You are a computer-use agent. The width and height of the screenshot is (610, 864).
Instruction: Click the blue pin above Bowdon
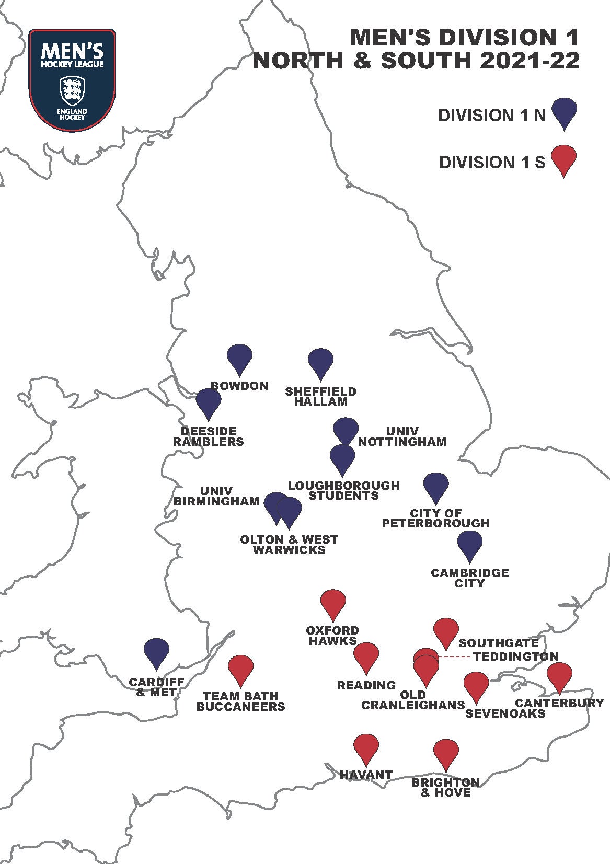[x=239, y=358]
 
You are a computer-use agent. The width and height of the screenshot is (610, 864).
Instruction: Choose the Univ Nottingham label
[x=402, y=436]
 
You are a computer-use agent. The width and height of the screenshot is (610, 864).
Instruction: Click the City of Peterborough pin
[x=435, y=486]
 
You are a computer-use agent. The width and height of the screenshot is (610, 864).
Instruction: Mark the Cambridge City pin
[x=469, y=544]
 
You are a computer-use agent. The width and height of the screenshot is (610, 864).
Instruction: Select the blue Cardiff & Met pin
[x=156, y=651]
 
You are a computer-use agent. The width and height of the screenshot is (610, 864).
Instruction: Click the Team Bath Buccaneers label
[x=241, y=701]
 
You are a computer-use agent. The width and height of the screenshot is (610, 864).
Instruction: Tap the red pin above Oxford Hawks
[x=333, y=603]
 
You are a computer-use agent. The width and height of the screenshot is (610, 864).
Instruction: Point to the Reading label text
[x=366, y=685]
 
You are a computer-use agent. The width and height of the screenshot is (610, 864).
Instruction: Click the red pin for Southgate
[x=446, y=631]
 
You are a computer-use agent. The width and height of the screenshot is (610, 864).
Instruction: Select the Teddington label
[x=516, y=656]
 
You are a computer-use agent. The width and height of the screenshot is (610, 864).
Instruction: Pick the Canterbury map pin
[x=559, y=675]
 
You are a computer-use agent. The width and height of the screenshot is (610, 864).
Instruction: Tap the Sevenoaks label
[x=505, y=713]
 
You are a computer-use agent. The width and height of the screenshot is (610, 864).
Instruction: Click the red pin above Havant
[x=366, y=747]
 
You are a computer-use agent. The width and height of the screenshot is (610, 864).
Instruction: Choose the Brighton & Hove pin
[x=446, y=752]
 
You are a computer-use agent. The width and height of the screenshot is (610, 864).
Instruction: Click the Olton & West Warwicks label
[x=289, y=545]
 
